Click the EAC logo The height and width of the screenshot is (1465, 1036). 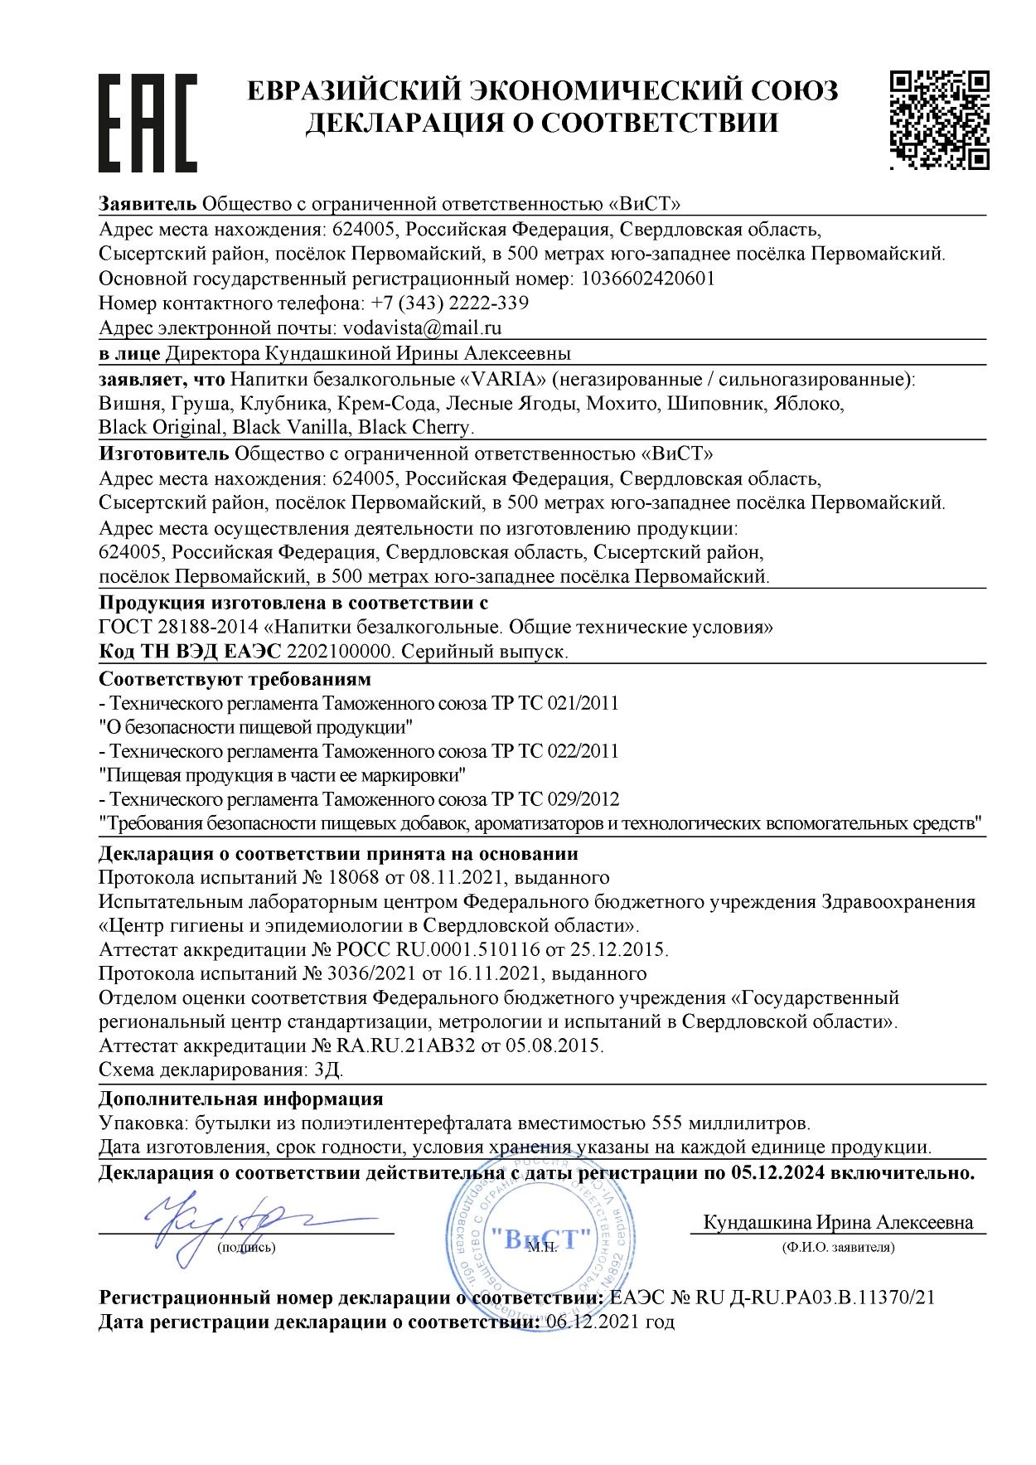pyautogui.click(x=148, y=123)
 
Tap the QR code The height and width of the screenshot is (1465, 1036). pyautogui.click(x=939, y=120)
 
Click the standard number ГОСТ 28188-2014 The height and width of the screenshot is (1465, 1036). pyautogui.click(x=182, y=627)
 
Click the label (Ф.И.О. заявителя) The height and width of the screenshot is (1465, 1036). pyautogui.click(x=838, y=1247)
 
